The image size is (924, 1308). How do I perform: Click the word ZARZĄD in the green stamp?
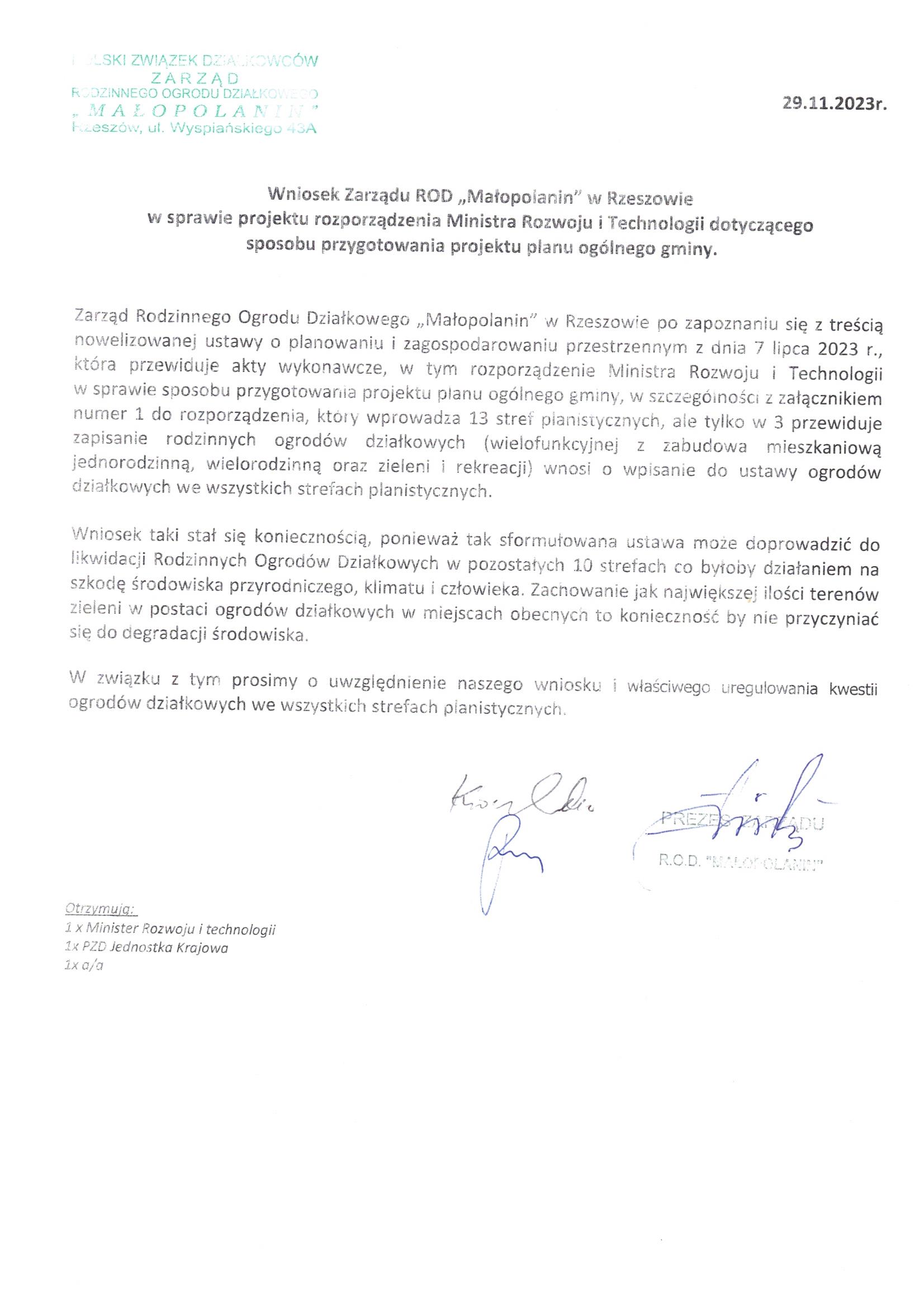point(194,79)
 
